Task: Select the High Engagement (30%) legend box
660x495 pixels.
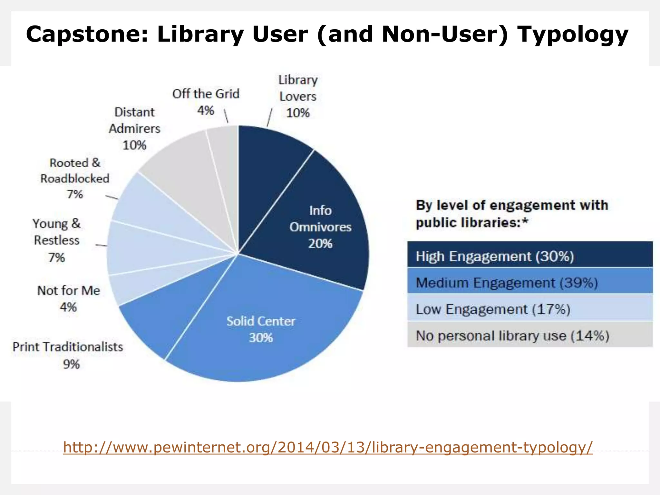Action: [530, 257]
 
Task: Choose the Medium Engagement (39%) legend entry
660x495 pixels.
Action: [530, 283]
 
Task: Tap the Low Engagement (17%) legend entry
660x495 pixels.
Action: [530, 309]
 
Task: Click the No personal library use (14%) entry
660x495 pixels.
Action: [530, 336]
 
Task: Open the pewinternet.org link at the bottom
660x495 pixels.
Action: [328, 447]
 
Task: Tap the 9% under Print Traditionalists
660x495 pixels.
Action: [71, 364]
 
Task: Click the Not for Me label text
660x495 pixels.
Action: [69, 290]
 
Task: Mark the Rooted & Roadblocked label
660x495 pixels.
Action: [75, 171]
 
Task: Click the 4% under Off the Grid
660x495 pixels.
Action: [206, 111]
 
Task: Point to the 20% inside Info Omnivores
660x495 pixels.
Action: [320, 244]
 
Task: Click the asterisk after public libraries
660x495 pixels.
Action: [525, 221]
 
